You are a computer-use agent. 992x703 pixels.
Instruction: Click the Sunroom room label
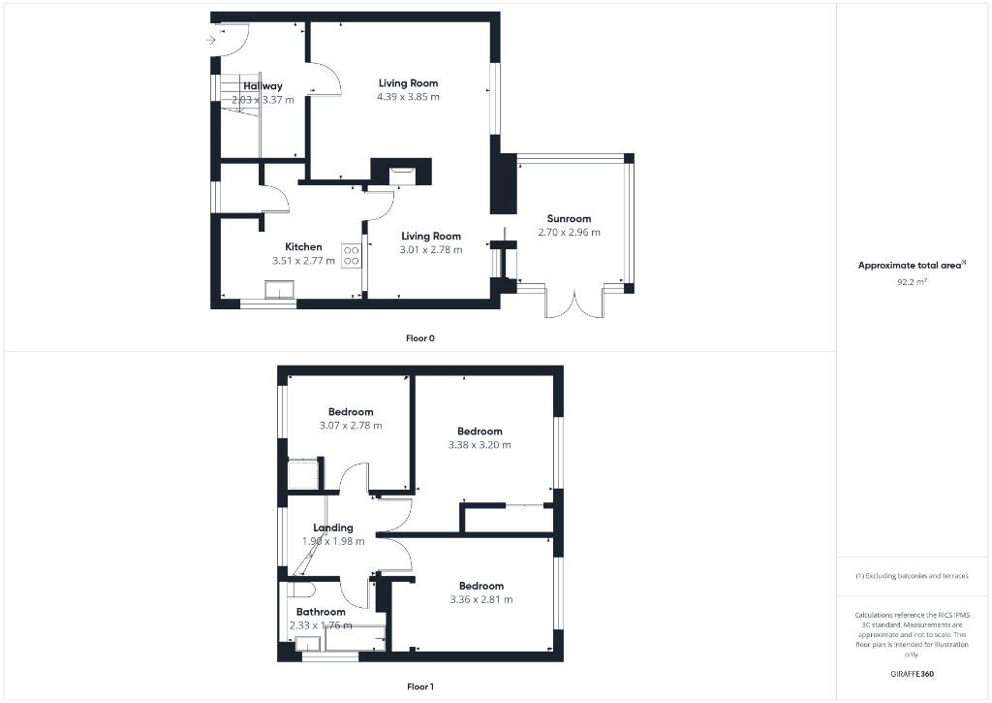pyautogui.click(x=569, y=219)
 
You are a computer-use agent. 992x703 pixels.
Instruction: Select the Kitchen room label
pyautogui.click(x=303, y=246)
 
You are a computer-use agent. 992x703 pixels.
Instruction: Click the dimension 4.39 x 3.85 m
pyautogui.click(x=408, y=97)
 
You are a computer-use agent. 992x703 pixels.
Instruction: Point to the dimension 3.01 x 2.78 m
pyautogui.click(x=431, y=249)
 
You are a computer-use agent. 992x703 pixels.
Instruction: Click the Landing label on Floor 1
pyautogui.click(x=332, y=527)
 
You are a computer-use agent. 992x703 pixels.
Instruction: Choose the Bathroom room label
pyautogui.click(x=321, y=612)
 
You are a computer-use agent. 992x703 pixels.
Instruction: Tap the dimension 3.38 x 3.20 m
pyautogui.click(x=479, y=445)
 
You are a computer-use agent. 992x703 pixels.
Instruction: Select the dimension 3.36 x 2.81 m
pyautogui.click(x=480, y=599)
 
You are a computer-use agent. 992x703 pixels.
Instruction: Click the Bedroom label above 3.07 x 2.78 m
pyautogui.click(x=351, y=412)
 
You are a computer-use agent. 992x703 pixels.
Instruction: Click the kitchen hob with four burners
pyautogui.click(x=352, y=255)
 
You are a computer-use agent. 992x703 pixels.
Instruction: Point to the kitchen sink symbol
pyautogui.click(x=281, y=289)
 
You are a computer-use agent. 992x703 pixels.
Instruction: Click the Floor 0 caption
pyautogui.click(x=420, y=338)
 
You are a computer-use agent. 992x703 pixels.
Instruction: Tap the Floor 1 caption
pyautogui.click(x=420, y=687)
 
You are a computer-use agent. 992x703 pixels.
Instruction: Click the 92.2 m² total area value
pyautogui.click(x=912, y=281)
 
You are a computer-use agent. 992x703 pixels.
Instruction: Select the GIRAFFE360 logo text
pyautogui.click(x=912, y=673)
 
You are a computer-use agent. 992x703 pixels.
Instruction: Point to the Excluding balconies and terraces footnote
pyautogui.click(x=912, y=576)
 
